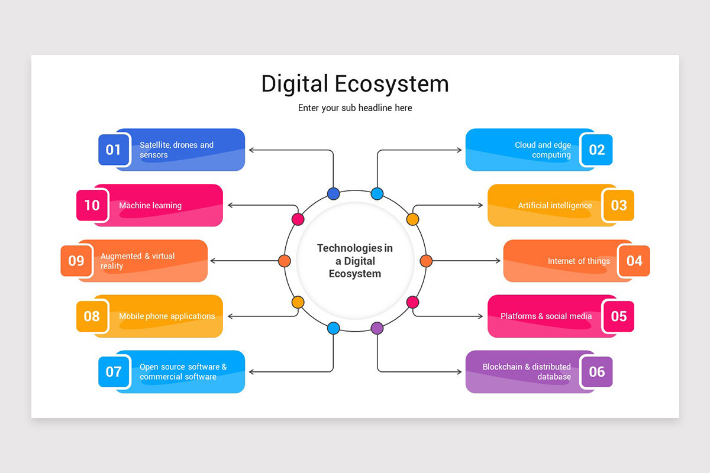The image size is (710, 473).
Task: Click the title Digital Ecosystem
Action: (x=355, y=84)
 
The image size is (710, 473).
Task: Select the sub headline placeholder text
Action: (x=355, y=108)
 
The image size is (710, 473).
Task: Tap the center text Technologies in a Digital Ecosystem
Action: (x=355, y=261)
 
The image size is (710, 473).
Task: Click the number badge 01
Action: (x=114, y=150)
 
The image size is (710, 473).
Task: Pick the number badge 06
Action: (x=596, y=371)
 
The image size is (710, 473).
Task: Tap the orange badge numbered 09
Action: (x=76, y=261)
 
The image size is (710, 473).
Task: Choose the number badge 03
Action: (x=618, y=205)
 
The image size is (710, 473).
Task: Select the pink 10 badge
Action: (x=92, y=205)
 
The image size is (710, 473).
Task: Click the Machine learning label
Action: (x=150, y=206)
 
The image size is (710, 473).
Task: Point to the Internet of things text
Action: (x=579, y=261)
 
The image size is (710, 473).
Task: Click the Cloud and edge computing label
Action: (x=543, y=150)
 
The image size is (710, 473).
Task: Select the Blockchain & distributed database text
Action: (x=527, y=371)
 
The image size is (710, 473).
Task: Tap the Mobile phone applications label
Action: (x=167, y=316)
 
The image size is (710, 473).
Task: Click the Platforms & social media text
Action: (x=546, y=316)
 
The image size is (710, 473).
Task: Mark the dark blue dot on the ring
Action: (x=333, y=194)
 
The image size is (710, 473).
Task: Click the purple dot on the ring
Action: (x=377, y=328)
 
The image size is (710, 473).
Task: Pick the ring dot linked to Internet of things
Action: (x=426, y=261)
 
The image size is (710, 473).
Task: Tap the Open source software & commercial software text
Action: (x=183, y=371)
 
